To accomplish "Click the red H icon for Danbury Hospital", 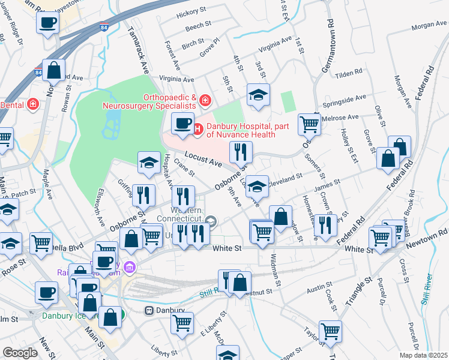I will pyautogui.click(x=199, y=127).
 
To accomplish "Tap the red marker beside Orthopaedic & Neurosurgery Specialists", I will pyautogui.click(x=205, y=99).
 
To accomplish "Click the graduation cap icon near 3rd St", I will pyautogui.click(x=258, y=95).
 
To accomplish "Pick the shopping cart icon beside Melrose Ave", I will pyautogui.click(x=309, y=124).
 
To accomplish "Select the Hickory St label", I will pyautogui.click(x=191, y=12).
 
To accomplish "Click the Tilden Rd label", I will pyautogui.click(x=349, y=72).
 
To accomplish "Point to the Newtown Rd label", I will pyautogui.click(x=427, y=241).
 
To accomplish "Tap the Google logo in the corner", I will pyautogui.click(x=20, y=353).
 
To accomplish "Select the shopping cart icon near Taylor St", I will pyautogui.click(x=330, y=330).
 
